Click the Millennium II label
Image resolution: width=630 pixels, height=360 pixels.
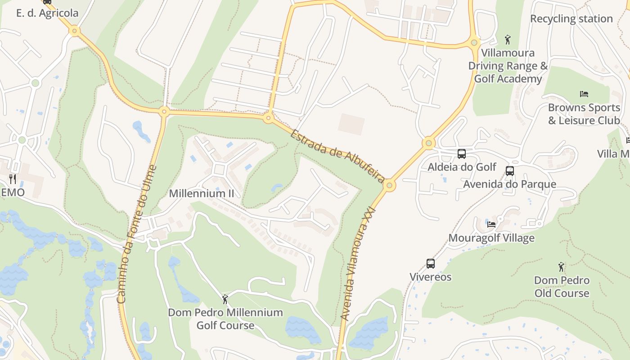(x=201, y=193)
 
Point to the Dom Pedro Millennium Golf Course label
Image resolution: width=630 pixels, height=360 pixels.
(x=225, y=319)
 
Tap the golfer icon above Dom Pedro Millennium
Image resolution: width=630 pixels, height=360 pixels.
(x=225, y=299)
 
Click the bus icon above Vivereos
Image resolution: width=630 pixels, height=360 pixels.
(x=431, y=264)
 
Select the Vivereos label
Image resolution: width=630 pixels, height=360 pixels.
(x=431, y=277)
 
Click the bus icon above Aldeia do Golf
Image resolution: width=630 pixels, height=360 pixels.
(x=462, y=154)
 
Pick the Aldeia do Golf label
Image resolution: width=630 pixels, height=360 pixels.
(x=462, y=167)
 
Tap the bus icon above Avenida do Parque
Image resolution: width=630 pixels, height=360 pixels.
(x=510, y=171)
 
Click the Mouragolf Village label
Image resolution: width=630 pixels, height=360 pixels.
(x=491, y=238)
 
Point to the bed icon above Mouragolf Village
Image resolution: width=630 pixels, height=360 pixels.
(x=491, y=224)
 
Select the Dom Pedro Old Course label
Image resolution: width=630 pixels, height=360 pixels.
(x=562, y=287)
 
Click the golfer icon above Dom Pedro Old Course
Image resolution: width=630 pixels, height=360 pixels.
(x=562, y=267)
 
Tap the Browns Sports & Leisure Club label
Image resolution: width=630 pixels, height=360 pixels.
(x=584, y=114)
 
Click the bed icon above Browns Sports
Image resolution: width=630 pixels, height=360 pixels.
(x=584, y=94)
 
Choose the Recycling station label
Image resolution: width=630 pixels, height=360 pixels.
(x=571, y=19)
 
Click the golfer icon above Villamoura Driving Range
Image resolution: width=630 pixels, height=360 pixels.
(x=508, y=40)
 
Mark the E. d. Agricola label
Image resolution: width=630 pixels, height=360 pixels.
(x=47, y=13)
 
